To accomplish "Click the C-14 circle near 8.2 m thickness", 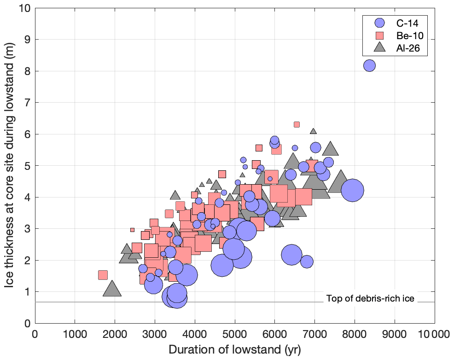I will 369,66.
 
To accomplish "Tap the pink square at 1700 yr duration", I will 103,275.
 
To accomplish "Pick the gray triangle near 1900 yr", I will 111,290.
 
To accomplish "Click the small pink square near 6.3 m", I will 297,124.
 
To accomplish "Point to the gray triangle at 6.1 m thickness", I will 313,132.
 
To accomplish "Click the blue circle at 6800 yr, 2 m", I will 307,261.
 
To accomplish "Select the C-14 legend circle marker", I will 379,23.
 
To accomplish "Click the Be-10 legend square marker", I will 379,35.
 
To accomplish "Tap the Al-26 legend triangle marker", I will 379,47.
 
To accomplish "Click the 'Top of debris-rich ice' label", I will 370,298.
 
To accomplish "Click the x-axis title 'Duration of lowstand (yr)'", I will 235,349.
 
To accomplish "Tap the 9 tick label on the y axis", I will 27,40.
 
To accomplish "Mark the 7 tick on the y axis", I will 27,103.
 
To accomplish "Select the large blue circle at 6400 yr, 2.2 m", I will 291,255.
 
